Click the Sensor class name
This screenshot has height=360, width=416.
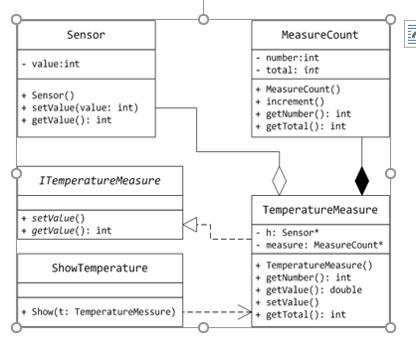pyautogui.click(x=84, y=36)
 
